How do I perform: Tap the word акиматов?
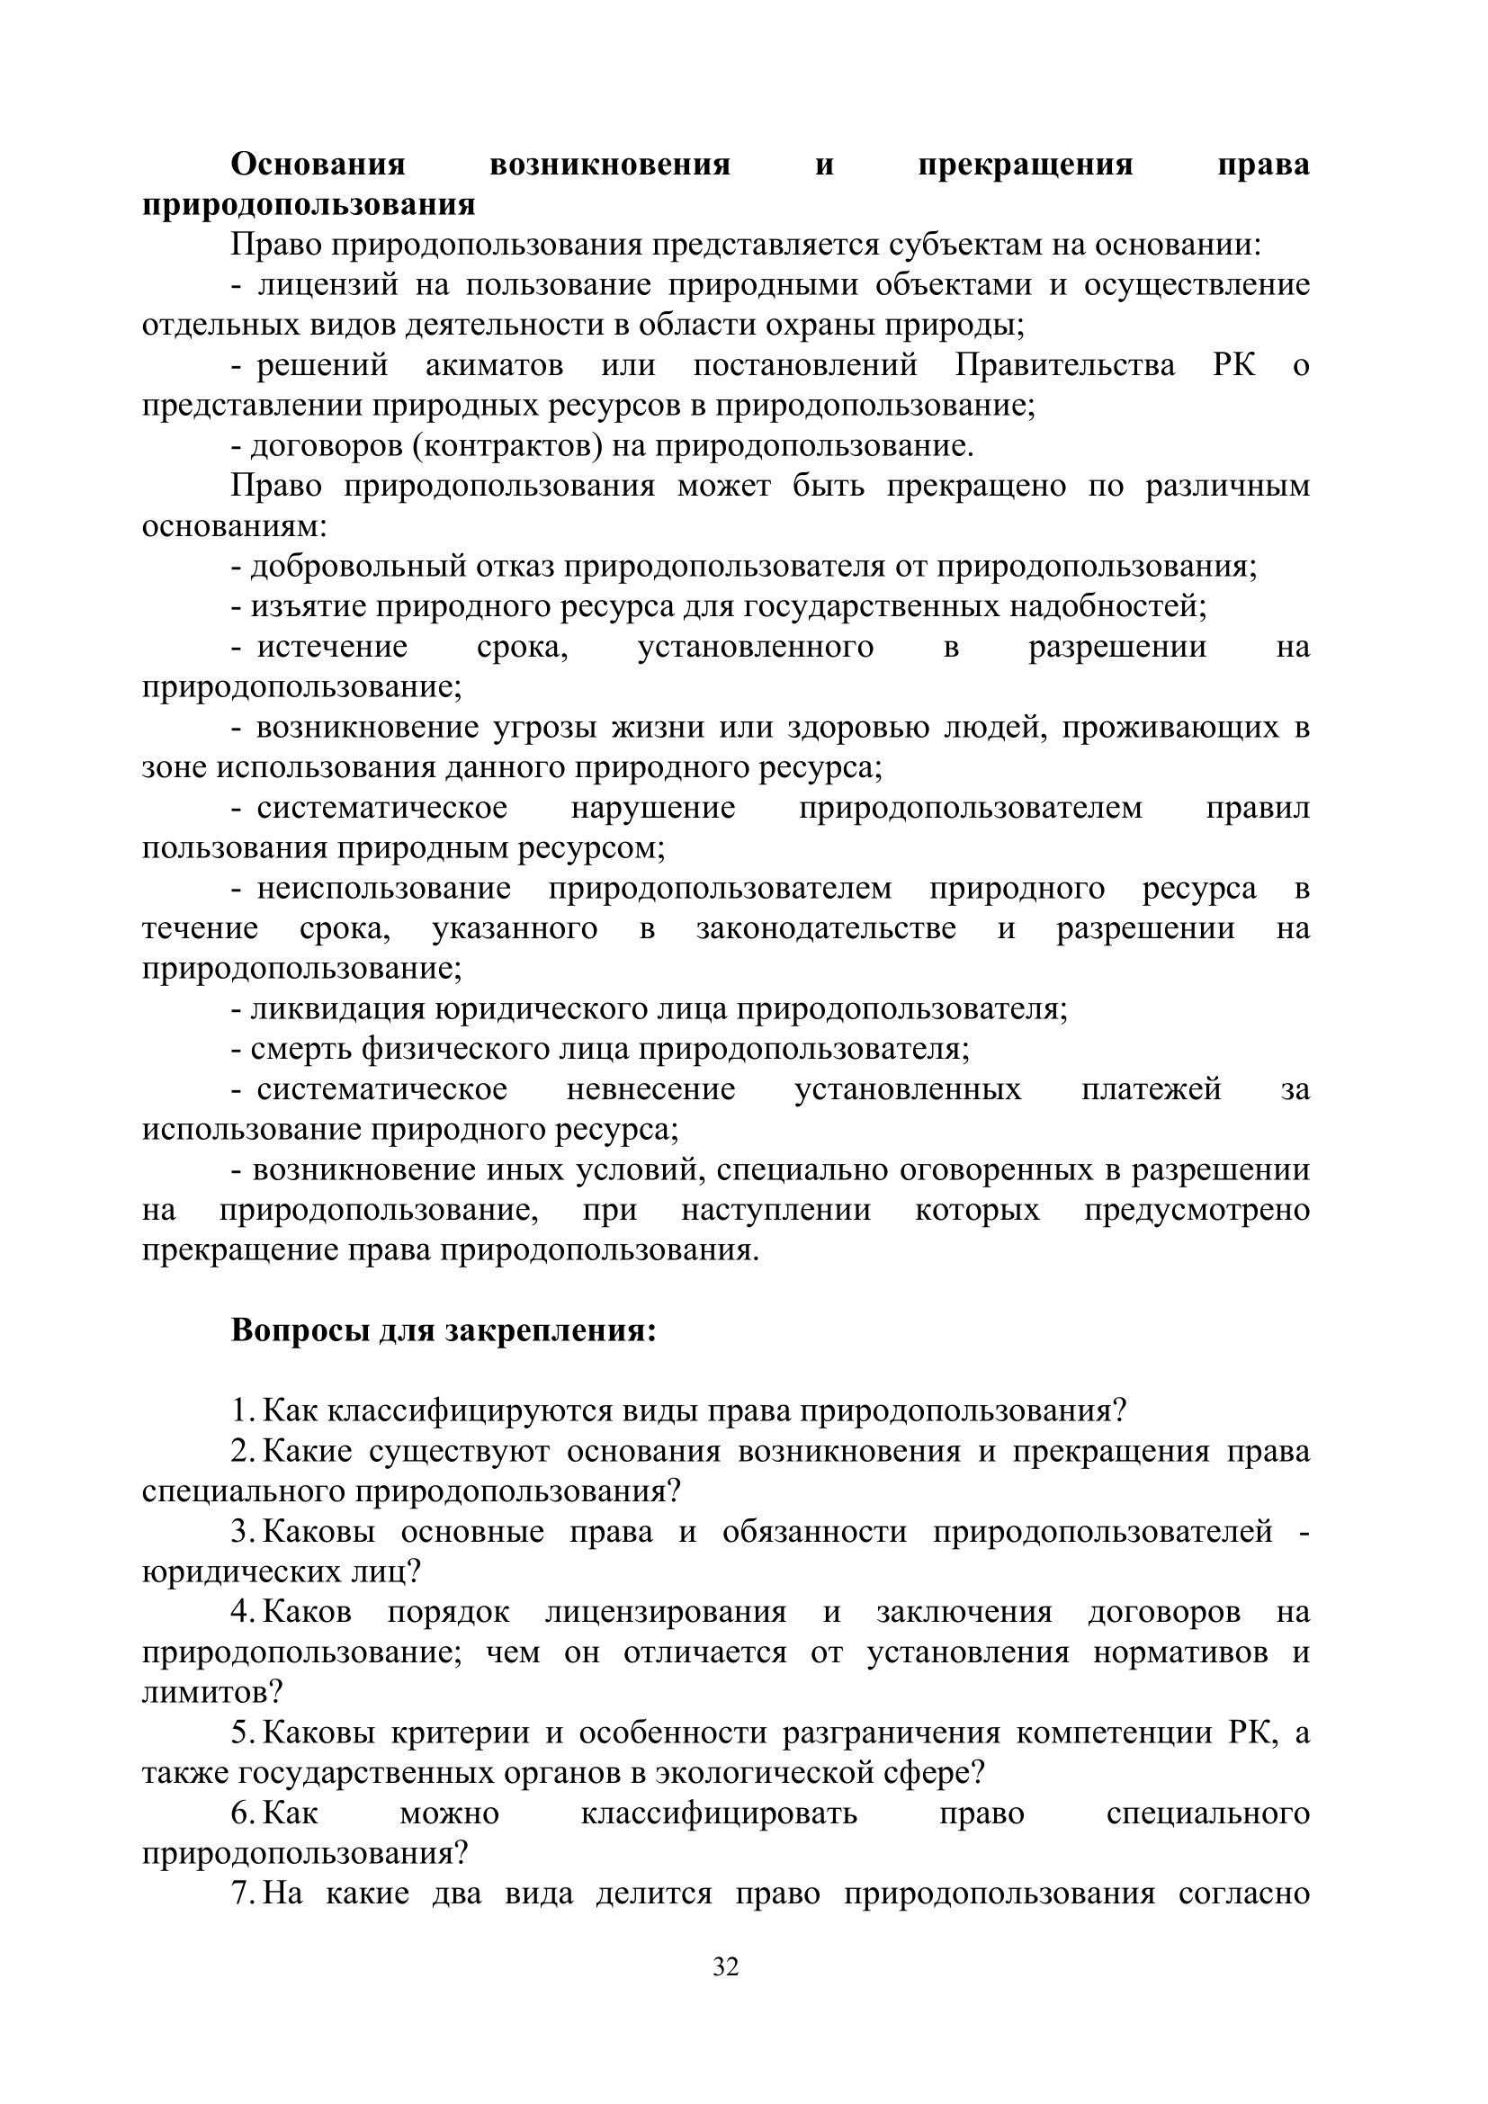[x=494, y=365]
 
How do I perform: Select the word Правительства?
[x=1064, y=365]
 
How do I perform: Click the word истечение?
[x=332, y=647]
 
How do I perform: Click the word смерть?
[x=301, y=1049]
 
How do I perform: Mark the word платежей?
[x=1151, y=1089]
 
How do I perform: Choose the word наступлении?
[x=775, y=1210]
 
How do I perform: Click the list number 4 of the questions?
[x=241, y=1612]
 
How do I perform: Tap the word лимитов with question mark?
[x=211, y=1692]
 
